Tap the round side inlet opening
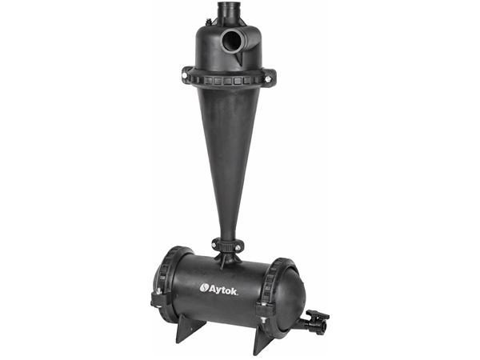tap(232, 42)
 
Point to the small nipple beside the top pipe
tap(209, 22)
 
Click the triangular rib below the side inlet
tap(241, 58)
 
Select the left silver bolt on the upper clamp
tap(184, 75)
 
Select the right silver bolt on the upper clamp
tap(268, 79)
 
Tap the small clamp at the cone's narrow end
tap(228, 245)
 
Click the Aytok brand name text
tap(223, 290)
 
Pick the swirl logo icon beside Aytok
tap(204, 288)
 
